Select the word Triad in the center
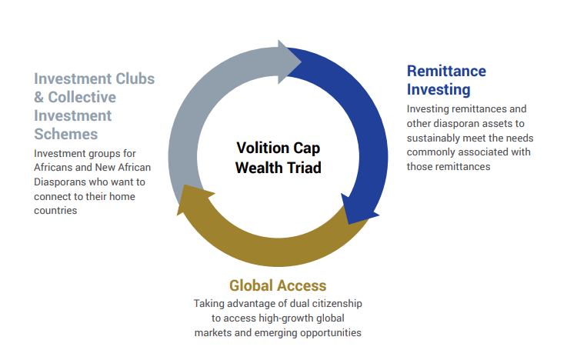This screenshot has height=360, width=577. [x=304, y=168]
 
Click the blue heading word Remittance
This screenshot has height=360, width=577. [x=446, y=71]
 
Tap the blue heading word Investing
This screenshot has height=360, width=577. [x=439, y=89]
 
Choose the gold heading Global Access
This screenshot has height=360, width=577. [x=278, y=285]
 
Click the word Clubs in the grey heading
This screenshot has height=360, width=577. [x=135, y=78]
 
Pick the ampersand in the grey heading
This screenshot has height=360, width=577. [x=38, y=97]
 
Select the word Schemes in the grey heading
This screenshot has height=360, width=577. [x=66, y=134]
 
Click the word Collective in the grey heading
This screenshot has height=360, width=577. [x=82, y=97]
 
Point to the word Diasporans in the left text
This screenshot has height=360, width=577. [x=55, y=182]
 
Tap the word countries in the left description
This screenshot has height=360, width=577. [x=55, y=211]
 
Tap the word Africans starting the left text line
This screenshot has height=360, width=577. [x=53, y=168]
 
